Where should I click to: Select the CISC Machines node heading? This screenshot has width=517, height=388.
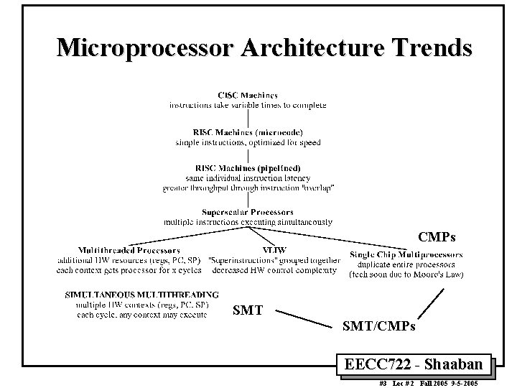pyautogui.click(x=248, y=95)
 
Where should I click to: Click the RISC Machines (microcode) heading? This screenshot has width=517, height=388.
pyautogui.click(x=248, y=133)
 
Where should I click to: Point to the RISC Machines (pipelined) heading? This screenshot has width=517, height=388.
pyautogui.click(x=248, y=168)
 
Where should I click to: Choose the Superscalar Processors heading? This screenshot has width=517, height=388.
pyautogui.click(x=248, y=213)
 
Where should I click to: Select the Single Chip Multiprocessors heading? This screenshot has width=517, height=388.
pyautogui.click(x=406, y=254)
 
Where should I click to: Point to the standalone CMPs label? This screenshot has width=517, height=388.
pyautogui.click(x=437, y=236)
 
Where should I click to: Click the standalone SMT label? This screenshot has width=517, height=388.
pyautogui.click(x=248, y=311)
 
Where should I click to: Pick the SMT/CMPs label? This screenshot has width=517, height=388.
pyautogui.click(x=380, y=327)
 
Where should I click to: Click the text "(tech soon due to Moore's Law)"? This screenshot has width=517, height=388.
pyautogui.click(x=406, y=274)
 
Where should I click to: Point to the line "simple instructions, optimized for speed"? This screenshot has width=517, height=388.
pyautogui.click(x=248, y=142)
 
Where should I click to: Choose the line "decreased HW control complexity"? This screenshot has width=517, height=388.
pyautogui.click(x=273, y=270)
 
